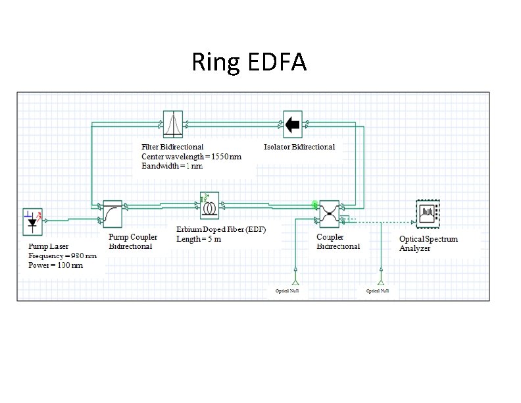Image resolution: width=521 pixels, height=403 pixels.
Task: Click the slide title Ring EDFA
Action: (249, 63)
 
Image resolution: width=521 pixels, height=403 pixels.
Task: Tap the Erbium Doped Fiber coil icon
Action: (211, 205)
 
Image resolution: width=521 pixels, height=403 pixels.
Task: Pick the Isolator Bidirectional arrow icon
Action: (293, 122)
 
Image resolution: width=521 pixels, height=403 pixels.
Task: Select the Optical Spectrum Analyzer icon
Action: (428, 211)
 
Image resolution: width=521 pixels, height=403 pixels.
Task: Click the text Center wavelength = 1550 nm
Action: (191, 157)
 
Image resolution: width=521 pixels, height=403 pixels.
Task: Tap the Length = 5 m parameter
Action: (199, 238)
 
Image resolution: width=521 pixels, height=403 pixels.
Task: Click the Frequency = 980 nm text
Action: (62, 255)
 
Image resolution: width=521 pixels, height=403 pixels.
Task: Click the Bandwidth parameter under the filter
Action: (172, 166)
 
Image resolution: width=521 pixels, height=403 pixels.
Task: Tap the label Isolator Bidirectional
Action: (299, 147)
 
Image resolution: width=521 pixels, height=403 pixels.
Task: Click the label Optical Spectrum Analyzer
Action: (428, 243)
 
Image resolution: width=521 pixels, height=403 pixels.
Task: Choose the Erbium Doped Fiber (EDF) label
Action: (220, 229)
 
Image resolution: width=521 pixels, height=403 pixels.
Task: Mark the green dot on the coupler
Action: (316, 205)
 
